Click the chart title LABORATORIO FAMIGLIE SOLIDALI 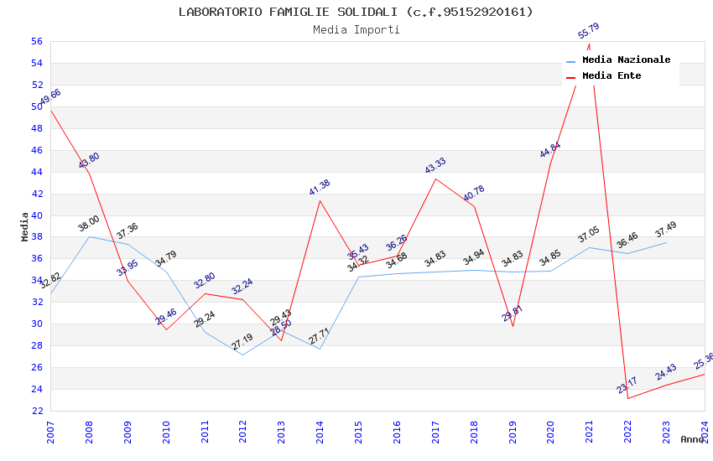356,12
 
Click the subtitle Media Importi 356,29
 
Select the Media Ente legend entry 612,76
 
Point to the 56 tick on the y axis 36,41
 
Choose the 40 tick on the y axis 36,215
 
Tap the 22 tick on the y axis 36,411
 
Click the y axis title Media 25,226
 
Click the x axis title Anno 692,439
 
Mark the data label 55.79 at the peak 589,33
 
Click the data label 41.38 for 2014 320,188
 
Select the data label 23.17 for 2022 627,386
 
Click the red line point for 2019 513,326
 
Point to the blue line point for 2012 243,355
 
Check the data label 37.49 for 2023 665,229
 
